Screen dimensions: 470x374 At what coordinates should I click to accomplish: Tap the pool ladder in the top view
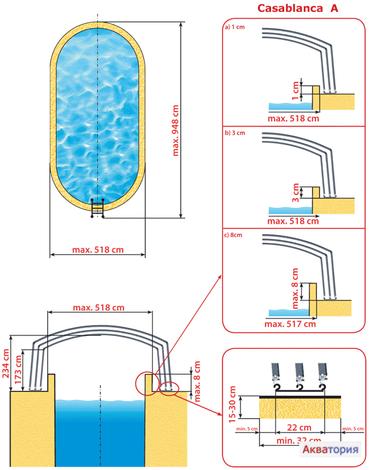pyautogui.click(x=97, y=208)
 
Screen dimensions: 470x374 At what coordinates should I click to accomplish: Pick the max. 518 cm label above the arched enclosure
pyautogui.click(x=98, y=308)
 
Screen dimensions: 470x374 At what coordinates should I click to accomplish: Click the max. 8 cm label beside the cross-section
pyautogui.click(x=198, y=381)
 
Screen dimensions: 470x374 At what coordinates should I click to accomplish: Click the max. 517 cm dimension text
pyautogui.click(x=290, y=324)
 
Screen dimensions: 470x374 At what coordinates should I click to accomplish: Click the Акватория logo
pyautogui.click(x=331, y=450)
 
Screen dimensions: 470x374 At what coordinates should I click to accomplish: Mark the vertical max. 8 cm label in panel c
pyautogui.click(x=295, y=287)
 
